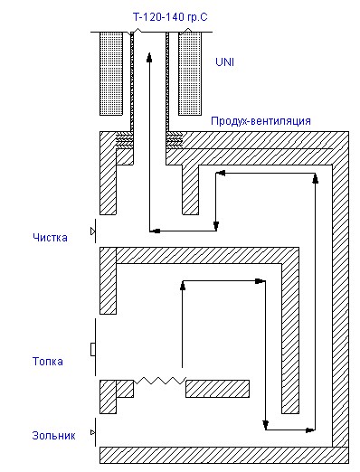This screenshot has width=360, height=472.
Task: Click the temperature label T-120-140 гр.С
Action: click(170, 17)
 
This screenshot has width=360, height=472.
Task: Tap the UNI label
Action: click(224, 62)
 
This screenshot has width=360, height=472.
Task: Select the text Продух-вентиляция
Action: click(261, 121)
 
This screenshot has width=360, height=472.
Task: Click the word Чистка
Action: click(50, 238)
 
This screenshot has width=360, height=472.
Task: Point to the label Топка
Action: click(48, 362)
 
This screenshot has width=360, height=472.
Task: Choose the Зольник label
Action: click(53, 436)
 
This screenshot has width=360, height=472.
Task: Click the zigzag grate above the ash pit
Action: click(160, 381)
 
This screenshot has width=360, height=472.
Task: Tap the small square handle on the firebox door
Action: click(93, 349)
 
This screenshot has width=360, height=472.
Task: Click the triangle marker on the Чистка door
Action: click(92, 231)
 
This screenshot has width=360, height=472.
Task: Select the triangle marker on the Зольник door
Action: click(92, 432)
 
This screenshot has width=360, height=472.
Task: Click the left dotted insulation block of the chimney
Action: click(111, 74)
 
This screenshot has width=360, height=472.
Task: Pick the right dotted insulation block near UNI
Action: click(190, 74)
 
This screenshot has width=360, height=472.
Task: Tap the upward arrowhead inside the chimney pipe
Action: click(149, 57)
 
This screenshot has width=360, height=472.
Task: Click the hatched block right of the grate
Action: click(217, 389)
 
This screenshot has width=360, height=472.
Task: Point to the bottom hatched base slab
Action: click(224, 455)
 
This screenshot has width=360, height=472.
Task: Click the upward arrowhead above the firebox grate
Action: click(182, 286)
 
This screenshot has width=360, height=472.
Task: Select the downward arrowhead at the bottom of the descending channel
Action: click(265, 425)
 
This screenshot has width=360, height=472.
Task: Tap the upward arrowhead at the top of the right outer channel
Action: click(316, 178)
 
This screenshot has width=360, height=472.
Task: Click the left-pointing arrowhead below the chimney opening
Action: click(155, 231)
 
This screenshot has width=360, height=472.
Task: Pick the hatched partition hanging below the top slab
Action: click(190, 190)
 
